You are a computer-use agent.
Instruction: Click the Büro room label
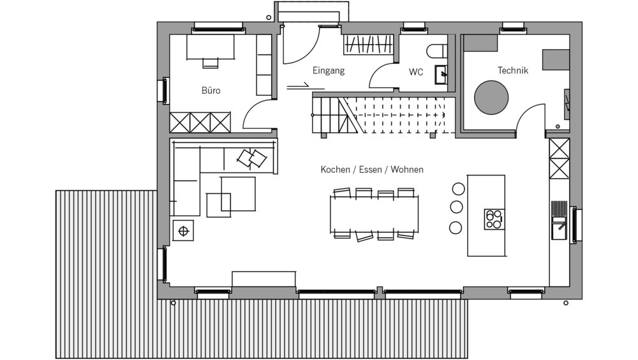[211, 91]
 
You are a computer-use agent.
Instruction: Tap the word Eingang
[329, 71]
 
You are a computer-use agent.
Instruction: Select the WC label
[416, 72]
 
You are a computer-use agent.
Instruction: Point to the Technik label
[513, 71]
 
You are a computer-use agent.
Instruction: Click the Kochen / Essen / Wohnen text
[372, 170]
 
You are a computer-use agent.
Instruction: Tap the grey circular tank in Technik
[491, 96]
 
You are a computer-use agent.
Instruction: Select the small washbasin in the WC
[441, 75]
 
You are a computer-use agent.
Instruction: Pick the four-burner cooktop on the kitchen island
[493, 219]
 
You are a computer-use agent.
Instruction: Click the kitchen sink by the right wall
[559, 226]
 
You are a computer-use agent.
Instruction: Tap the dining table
[374, 214]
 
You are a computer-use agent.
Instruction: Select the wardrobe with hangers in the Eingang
[369, 45]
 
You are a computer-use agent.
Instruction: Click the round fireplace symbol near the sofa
[184, 230]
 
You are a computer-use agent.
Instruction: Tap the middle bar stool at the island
[456, 207]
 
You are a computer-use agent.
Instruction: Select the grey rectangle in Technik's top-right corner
[555, 60]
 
